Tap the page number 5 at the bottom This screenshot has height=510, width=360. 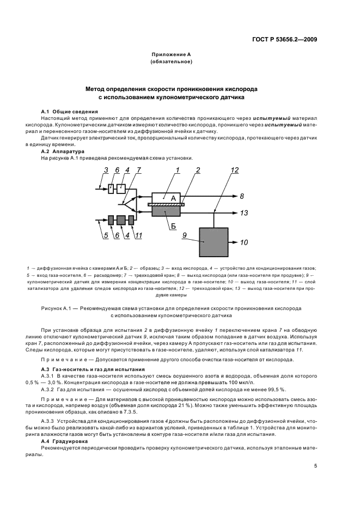coord(315,466)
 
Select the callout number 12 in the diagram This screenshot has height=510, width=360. coord(234,170)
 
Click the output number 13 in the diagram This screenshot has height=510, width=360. coord(243,212)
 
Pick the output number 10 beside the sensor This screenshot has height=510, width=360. coord(243,242)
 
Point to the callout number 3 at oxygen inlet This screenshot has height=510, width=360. coord(106,170)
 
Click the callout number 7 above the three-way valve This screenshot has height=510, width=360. coord(138,170)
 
